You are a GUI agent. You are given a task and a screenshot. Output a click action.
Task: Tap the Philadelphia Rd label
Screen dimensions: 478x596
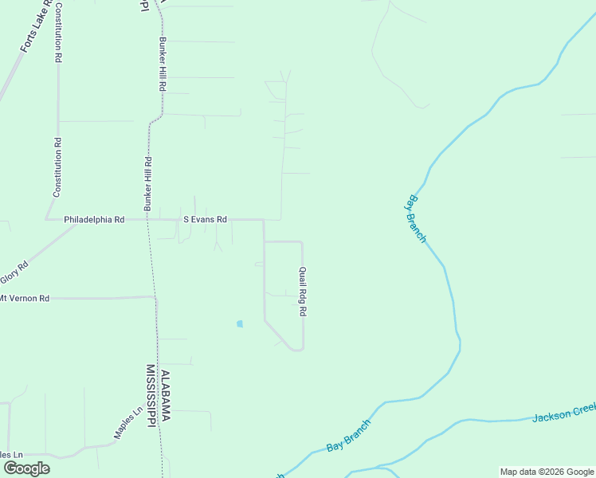point(94,219)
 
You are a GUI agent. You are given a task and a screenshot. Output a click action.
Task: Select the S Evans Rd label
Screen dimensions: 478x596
point(205,219)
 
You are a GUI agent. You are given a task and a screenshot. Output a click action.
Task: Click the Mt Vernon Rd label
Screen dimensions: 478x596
point(24,298)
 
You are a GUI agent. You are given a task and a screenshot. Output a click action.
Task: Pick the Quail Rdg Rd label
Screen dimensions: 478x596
point(303,292)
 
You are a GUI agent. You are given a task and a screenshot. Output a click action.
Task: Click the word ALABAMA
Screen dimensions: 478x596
point(166,396)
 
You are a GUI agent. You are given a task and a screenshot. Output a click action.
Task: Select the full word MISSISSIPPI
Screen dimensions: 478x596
point(150,396)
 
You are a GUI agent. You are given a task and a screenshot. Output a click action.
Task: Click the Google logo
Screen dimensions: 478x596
point(25,468)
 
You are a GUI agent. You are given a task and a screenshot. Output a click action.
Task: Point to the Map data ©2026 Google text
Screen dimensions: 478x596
point(547,472)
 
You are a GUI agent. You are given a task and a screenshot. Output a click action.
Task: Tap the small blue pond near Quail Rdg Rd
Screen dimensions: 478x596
point(239,323)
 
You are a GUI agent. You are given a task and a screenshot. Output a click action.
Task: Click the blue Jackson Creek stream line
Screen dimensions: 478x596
point(494,419)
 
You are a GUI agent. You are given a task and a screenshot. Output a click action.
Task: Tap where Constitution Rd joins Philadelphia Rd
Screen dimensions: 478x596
point(57,219)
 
